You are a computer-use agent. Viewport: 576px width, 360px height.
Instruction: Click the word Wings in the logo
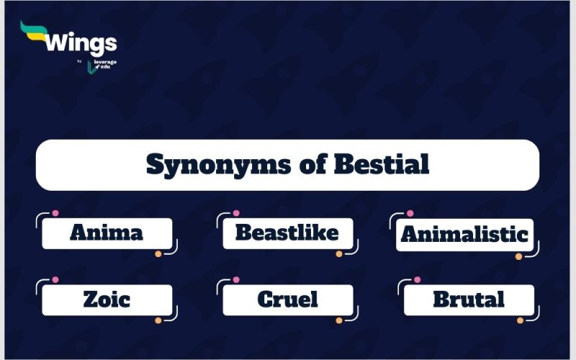[81, 44]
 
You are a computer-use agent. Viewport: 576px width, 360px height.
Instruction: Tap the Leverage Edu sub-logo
[102, 66]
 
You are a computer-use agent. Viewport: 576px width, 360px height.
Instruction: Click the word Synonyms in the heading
[216, 165]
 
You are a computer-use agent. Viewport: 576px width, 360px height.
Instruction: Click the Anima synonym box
[107, 233]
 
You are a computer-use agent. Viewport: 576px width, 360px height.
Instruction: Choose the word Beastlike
[287, 233]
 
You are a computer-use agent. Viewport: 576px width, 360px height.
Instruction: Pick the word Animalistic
[464, 235]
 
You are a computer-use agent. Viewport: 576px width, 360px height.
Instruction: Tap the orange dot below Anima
[158, 253]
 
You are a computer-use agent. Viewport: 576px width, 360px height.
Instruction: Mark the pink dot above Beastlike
[236, 214]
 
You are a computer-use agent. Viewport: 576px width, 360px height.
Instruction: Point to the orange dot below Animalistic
[518, 256]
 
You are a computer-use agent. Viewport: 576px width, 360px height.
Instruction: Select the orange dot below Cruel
[339, 320]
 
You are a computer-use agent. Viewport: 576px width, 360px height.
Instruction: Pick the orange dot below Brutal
[520, 320]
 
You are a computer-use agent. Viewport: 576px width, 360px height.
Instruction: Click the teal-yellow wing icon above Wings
[34, 29]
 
